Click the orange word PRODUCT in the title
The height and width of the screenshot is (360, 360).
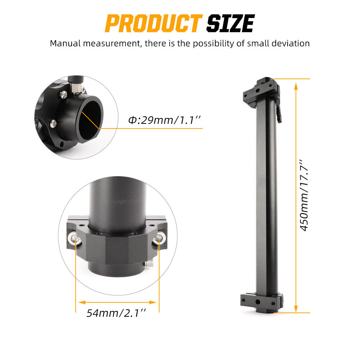(x=154, y=23)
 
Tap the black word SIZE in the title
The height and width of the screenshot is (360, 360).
(x=230, y=23)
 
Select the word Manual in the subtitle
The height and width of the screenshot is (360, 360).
(x=65, y=43)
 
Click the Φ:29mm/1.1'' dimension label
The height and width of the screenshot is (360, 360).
(x=165, y=120)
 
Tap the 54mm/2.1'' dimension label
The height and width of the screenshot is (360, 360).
(x=116, y=313)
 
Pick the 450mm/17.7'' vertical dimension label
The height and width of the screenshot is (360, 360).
(x=304, y=195)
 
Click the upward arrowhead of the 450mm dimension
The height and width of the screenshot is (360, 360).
(x=296, y=86)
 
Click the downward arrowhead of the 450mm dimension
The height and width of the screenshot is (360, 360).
(x=296, y=309)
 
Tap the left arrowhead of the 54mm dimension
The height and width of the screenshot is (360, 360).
(x=82, y=302)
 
